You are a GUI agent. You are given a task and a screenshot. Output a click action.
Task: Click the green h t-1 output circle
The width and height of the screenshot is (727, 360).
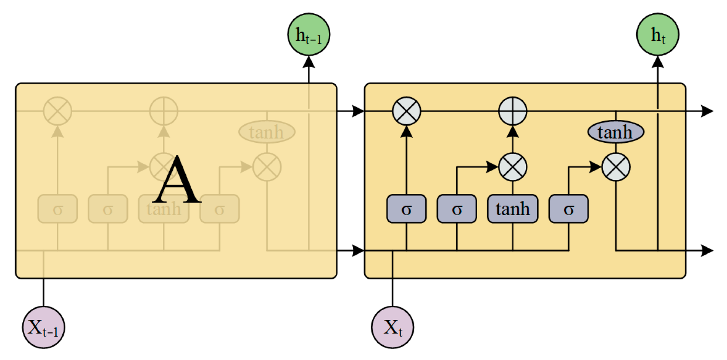(x=309, y=35)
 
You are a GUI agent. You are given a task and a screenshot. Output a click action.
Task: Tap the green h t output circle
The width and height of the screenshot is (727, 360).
(x=657, y=35)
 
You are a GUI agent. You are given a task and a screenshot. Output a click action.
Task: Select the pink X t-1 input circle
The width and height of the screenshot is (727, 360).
(x=43, y=327)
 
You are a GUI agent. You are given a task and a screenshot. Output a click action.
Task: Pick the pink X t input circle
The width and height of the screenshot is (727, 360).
(x=393, y=327)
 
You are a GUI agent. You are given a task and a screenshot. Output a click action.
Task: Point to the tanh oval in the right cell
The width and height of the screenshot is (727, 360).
(x=616, y=132)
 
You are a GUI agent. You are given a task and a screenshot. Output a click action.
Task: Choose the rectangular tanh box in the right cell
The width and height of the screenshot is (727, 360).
(x=512, y=209)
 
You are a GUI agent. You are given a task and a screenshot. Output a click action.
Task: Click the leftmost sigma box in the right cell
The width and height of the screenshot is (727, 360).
(x=406, y=209)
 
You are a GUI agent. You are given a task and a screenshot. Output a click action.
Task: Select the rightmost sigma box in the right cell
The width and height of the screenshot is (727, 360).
(x=568, y=209)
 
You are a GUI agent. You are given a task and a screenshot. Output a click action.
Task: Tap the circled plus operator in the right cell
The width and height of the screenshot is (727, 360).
(x=512, y=111)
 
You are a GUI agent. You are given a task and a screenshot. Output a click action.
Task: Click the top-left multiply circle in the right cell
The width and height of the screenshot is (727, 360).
(x=406, y=111)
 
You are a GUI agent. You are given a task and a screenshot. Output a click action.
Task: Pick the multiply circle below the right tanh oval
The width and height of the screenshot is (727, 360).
(x=616, y=167)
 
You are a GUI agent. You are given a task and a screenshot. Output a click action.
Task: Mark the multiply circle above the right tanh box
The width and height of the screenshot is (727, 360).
(x=512, y=167)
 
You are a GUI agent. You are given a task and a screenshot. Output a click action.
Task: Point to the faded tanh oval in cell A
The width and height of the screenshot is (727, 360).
(x=267, y=132)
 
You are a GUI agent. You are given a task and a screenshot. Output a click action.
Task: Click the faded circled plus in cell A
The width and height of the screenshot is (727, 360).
(x=163, y=111)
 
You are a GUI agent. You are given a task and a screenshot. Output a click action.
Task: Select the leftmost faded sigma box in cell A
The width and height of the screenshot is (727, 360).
(x=58, y=209)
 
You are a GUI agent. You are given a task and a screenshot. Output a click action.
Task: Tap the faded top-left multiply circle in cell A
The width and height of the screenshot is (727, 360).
(x=58, y=111)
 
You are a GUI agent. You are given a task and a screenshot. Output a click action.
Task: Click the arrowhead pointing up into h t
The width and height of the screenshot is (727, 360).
(x=657, y=62)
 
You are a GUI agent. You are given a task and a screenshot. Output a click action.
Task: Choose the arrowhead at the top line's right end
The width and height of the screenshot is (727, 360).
(x=707, y=111)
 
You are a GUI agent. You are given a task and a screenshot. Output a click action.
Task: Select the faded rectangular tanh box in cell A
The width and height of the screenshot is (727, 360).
(x=163, y=209)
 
